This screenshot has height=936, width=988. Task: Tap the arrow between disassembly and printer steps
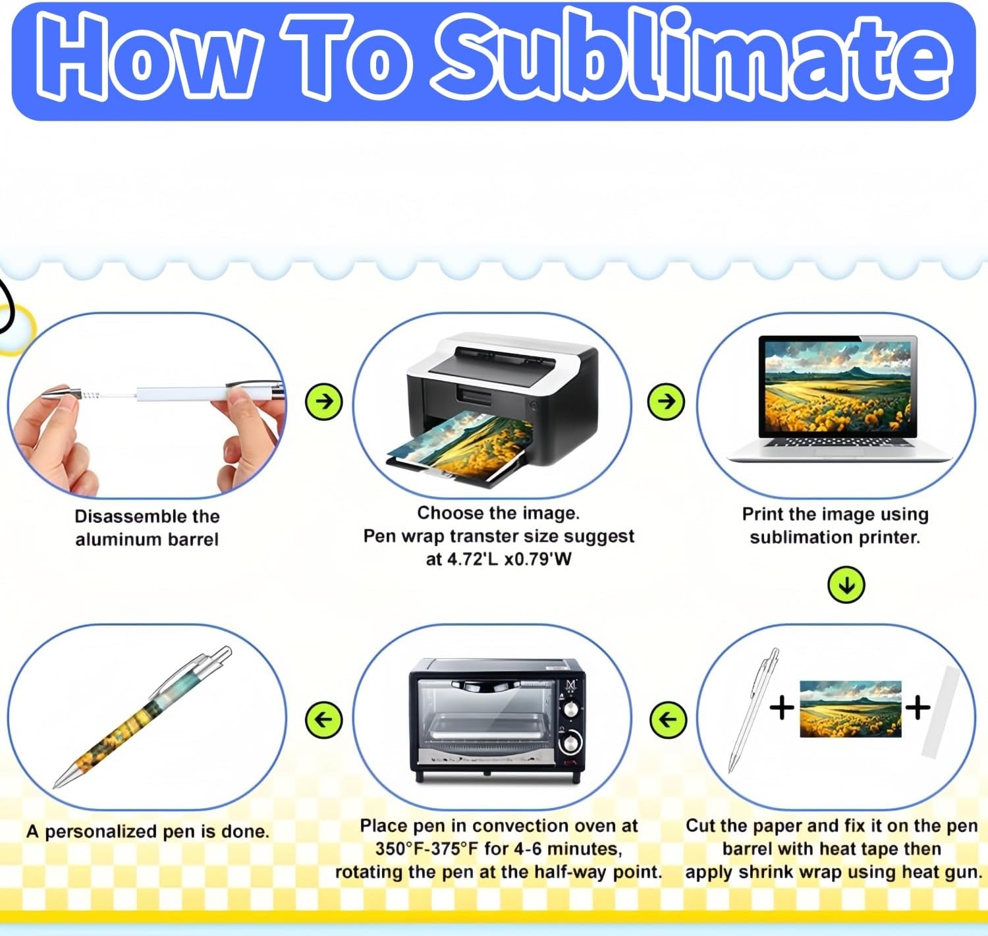pos(324,400)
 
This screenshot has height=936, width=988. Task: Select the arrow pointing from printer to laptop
pos(667,400)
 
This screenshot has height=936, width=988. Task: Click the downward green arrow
pos(846,584)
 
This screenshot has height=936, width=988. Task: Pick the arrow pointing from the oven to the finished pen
pos(324,719)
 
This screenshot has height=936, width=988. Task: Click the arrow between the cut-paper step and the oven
pos(668,719)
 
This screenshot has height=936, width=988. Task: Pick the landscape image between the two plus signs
pos(850,709)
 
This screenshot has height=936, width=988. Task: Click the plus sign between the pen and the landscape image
pos(782,709)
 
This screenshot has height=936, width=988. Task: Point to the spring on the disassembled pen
pos(90,395)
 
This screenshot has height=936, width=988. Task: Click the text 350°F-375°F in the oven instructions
pos(427,848)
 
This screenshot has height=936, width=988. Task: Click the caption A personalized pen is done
pos(148,831)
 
